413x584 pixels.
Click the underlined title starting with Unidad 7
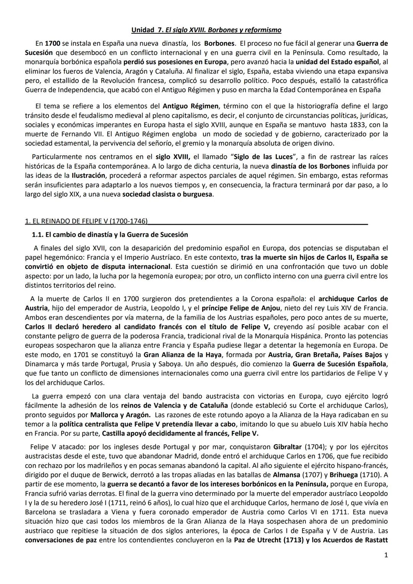click(x=206, y=30)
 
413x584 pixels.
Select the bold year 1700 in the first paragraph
click(x=52, y=43)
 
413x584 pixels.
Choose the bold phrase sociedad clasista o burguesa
click(x=168, y=194)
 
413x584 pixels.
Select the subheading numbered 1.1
click(x=110, y=234)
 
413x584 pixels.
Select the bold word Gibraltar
click(x=289, y=447)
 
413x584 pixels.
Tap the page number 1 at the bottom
click(x=386, y=555)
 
